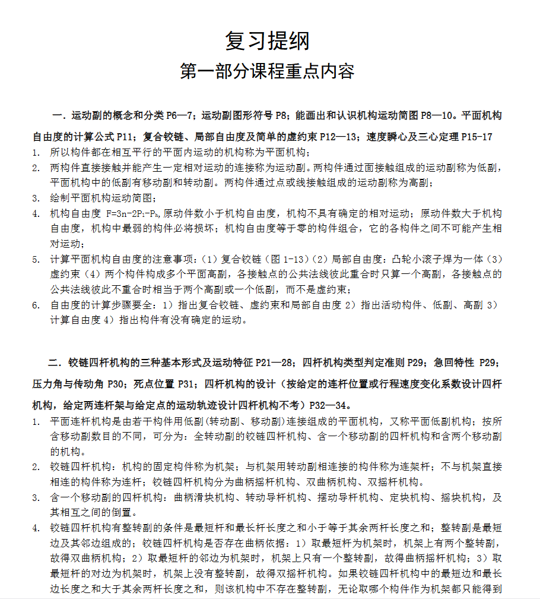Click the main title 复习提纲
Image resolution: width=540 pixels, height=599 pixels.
pos(267,41)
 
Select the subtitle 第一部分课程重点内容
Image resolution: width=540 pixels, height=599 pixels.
pos(267,71)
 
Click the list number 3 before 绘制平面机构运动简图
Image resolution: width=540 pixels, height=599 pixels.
pos(36,198)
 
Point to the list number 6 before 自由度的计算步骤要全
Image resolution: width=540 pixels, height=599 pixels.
pos(36,305)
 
